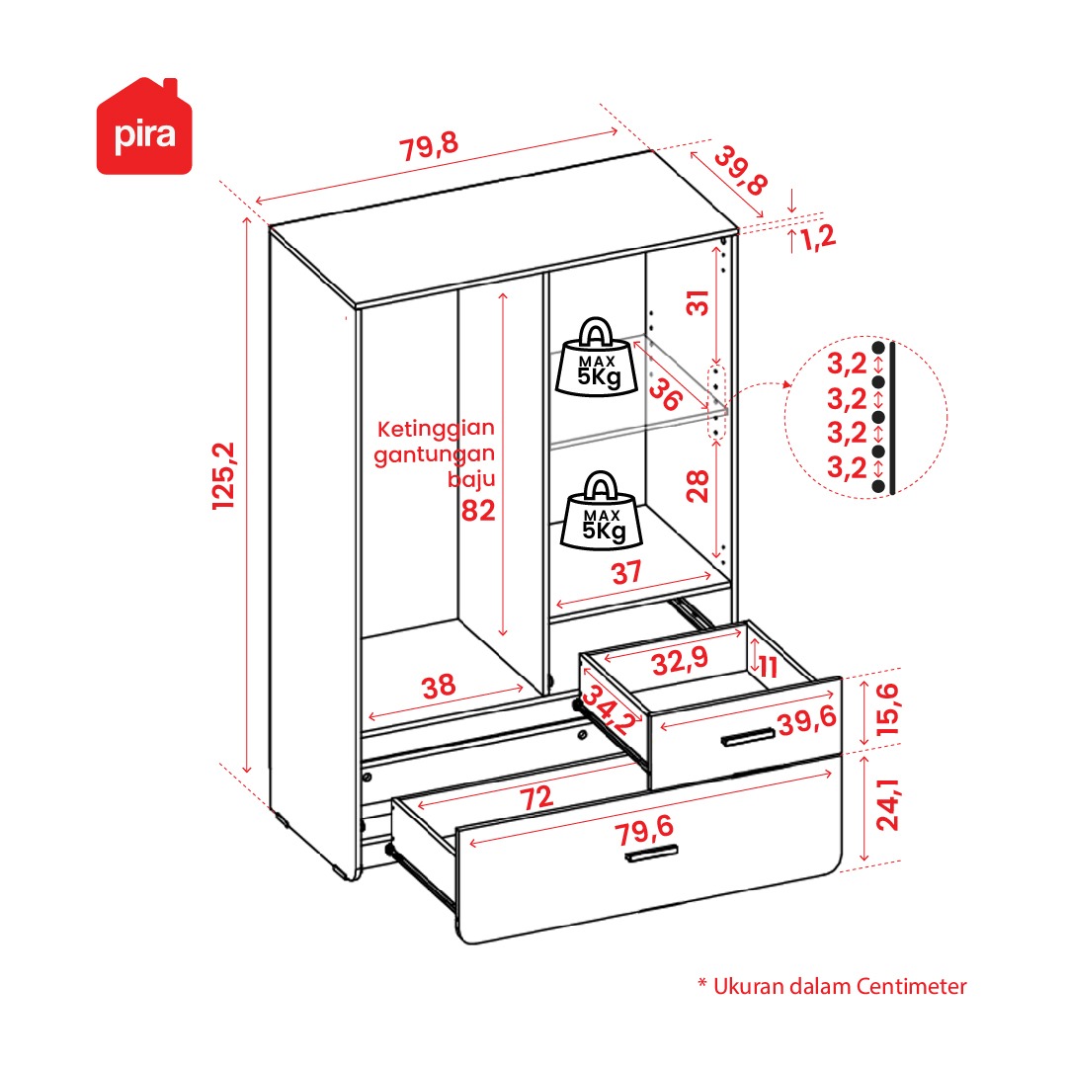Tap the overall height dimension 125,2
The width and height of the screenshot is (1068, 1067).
point(225,477)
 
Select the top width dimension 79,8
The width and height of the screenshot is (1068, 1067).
point(429,147)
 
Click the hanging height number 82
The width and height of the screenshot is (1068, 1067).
point(478,511)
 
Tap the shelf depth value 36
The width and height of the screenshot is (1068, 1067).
point(666,394)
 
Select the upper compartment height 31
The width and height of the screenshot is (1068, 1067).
point(699,303)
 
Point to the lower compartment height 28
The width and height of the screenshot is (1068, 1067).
point(699,486)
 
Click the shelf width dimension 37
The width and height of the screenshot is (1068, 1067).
point(626,572)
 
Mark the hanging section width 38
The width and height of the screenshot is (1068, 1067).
point(440,687)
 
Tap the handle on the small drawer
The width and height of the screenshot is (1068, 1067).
point(747,736)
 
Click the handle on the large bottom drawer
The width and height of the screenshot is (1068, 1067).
point(652,855)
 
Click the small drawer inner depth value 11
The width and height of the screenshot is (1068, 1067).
point(769,667)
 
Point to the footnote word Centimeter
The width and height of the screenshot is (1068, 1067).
point(912,986)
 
